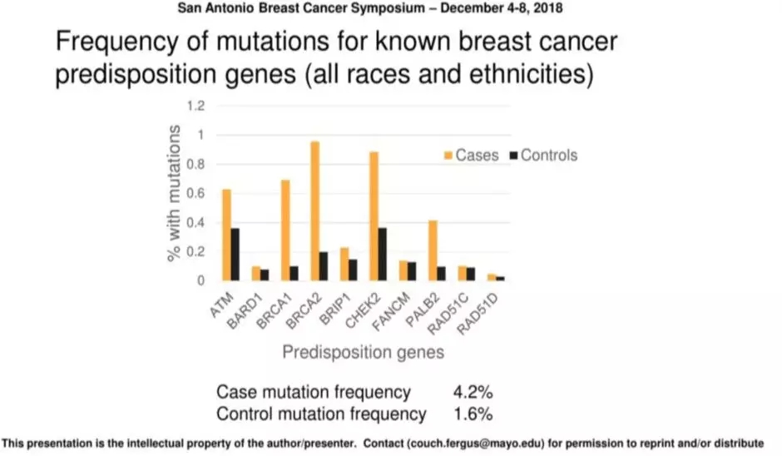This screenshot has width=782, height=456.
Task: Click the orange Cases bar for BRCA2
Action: [x=315, y=211]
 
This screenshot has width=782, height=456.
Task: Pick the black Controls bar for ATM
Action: [x=235, y=255]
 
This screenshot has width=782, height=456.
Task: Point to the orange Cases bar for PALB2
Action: [x=433, y=250]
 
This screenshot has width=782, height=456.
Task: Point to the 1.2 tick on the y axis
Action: [x=195, y=106]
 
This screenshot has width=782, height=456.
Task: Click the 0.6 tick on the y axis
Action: [x=195, y=193]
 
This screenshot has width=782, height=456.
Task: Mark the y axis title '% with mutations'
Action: [x=174, y=193]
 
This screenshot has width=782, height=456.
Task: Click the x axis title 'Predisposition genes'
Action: [x=363, y=352]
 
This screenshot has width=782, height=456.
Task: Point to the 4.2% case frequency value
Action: [x=473, y=392]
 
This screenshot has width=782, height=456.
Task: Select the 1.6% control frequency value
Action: [x=473, y=414]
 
